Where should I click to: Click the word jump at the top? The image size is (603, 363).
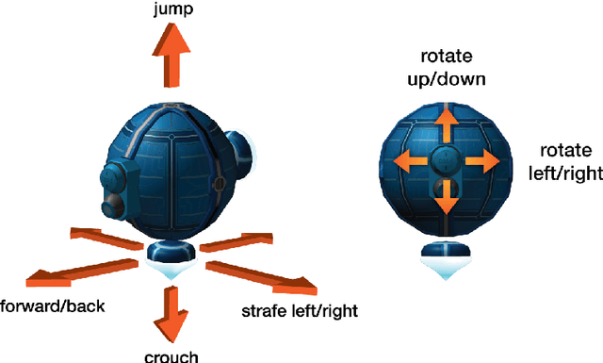coord(173,10)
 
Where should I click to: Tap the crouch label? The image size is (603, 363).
coord(171,355)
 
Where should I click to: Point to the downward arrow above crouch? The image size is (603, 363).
coord(172,313)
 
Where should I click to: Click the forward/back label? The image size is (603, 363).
coord(53,306)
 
